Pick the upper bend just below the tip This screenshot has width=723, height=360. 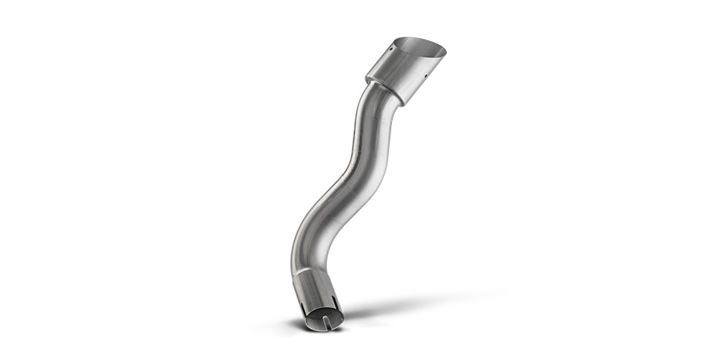tap(369, 117)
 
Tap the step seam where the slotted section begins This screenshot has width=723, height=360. tap(317, 275)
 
